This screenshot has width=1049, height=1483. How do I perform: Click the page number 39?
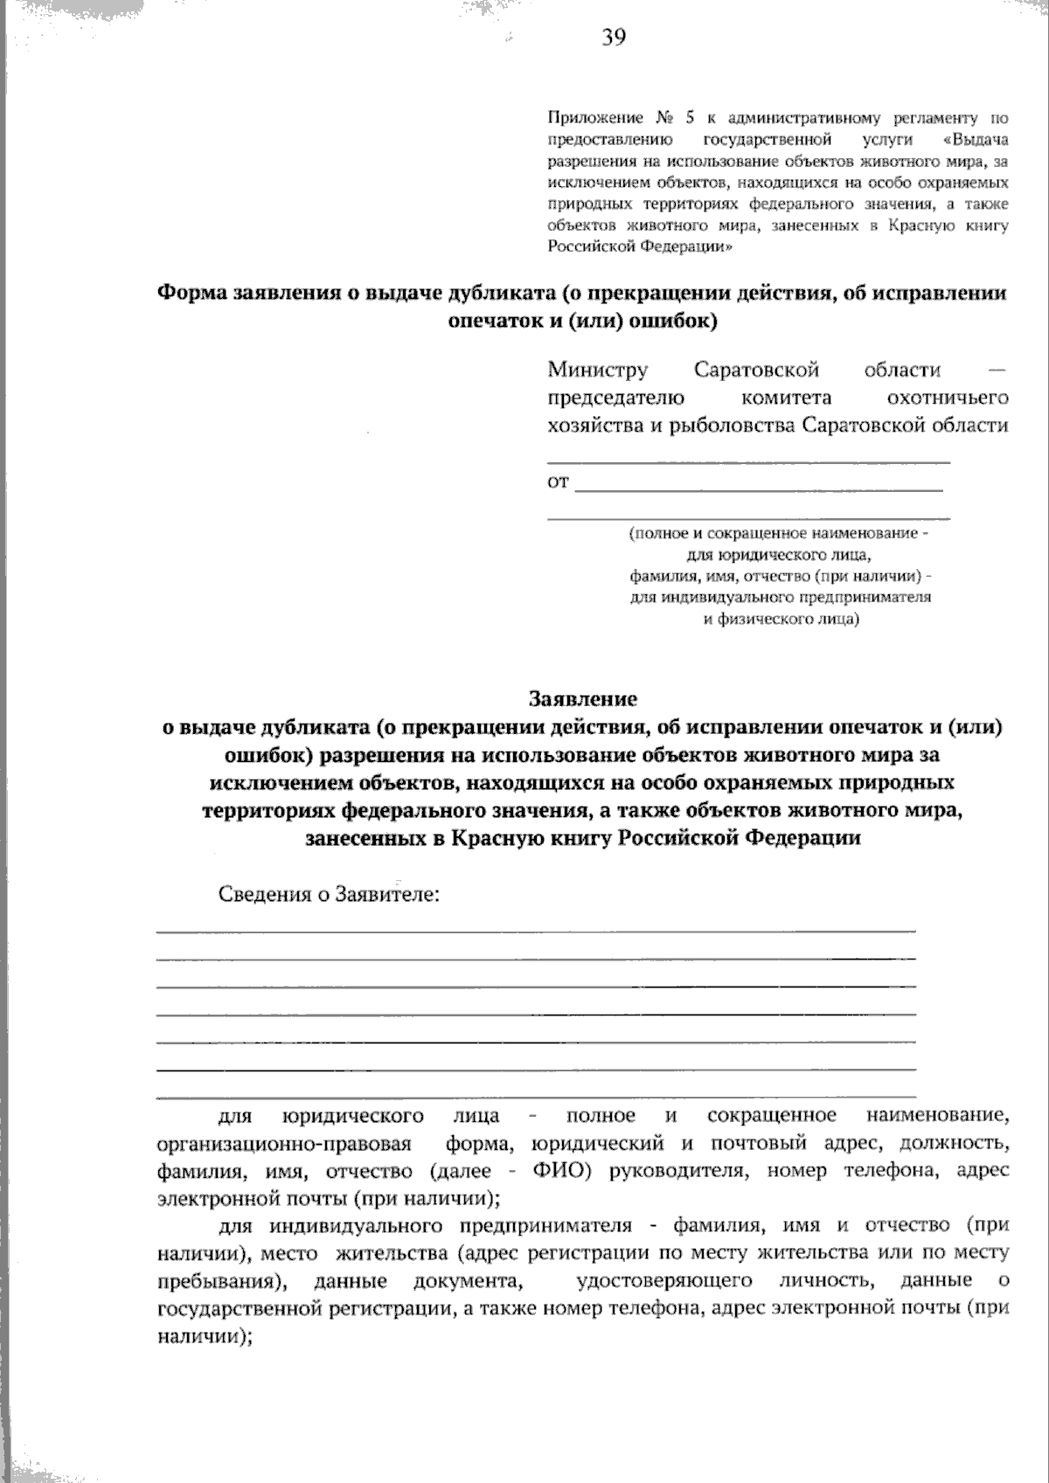(613, 37)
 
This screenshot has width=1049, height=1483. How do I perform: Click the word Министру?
(598, 370)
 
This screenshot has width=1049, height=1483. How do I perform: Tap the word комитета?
(786, 398)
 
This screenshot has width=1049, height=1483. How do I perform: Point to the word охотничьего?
(948, 398)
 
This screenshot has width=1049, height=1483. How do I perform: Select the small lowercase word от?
(558, 482)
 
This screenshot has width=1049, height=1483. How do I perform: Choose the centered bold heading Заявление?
(582, 699)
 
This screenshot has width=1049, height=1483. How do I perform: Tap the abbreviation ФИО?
(559, 1170)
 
